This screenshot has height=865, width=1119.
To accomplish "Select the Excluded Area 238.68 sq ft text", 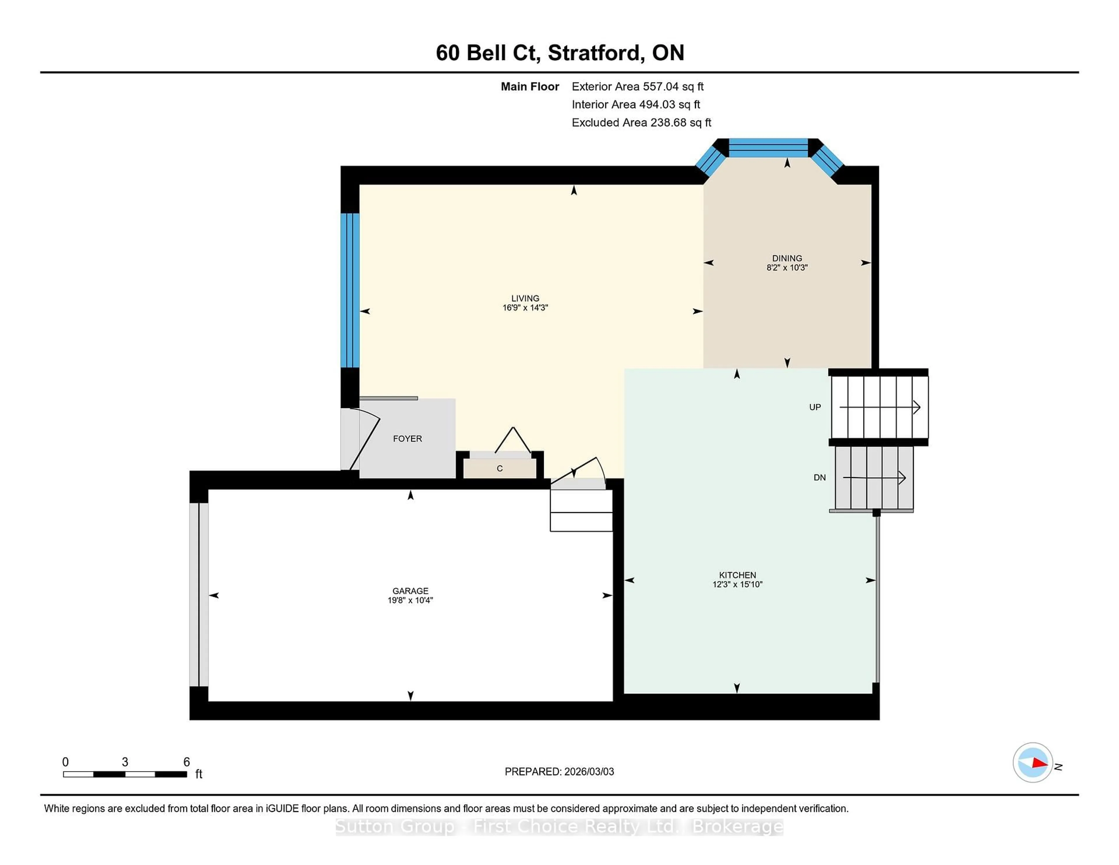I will click(x=641, y=122).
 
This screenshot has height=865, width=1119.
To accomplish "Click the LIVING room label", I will click(x=525, y=298).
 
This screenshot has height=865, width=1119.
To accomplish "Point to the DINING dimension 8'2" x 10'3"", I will click(x=787, y=268).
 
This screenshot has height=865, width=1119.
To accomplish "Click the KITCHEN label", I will click(x=737, y=575).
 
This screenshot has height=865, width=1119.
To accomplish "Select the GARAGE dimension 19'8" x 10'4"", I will click(x=410, y=600).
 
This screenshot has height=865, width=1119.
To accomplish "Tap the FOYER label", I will click(x=407, y=439).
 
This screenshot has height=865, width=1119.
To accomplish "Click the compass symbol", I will click(x=1032, y=762).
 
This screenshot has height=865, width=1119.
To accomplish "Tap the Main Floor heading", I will click(x=530, y=87).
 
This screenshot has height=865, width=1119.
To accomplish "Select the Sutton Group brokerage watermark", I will click(x=559, y=827).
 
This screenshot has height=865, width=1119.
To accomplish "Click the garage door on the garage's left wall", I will click(x=199, y=595).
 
